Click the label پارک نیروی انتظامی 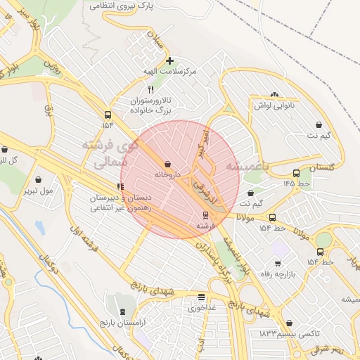122,5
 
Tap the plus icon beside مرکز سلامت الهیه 169,60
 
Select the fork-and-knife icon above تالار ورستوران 150,90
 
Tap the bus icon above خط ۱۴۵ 296,173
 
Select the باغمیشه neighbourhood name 248,166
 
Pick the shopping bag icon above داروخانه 167,163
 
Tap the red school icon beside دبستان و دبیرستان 122,187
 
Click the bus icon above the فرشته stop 205,215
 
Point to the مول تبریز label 39,191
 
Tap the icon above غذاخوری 202,297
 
